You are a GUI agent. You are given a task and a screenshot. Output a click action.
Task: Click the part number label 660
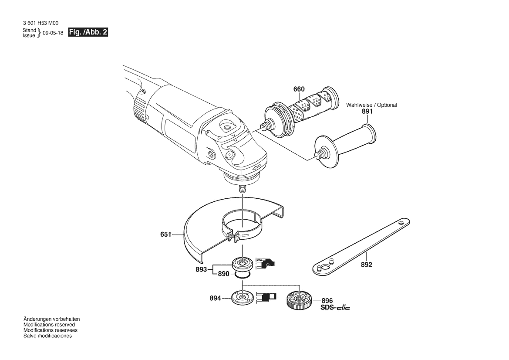click(x=299, y=89)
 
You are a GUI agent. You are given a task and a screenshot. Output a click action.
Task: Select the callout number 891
click(x=367, y=112)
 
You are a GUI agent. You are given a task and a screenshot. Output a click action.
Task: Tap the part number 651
click(x=165, y=234)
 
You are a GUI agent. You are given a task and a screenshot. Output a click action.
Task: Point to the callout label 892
click(x=367, y=265)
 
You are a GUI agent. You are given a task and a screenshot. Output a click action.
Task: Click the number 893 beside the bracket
click(x=201, y=269)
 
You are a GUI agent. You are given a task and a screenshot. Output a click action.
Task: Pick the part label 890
click(x=224, y=274)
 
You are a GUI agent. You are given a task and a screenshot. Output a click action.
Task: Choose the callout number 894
click(x=215, y=298)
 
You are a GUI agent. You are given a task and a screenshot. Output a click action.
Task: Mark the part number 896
click(x=327, y=301)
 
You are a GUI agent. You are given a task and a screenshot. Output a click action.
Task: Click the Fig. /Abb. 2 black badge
click(x=88, y=32)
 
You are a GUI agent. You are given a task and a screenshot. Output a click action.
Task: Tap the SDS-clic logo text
click(x=335, y=307)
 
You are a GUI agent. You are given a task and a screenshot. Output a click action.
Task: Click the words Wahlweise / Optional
click(x=372, y=105)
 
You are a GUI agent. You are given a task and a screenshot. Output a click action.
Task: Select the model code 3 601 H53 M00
click(x=41, y=23)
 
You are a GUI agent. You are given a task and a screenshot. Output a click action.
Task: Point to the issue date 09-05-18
click(x=53, y=33)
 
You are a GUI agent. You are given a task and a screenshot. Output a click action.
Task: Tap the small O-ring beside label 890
click(x=243, y=275)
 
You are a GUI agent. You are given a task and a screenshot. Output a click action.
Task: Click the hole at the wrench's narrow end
click(x=402, y=224)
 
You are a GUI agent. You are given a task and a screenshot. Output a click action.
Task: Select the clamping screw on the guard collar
click(x=234, y=235)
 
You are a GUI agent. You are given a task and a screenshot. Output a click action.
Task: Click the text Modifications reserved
click(x=49, y=325)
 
